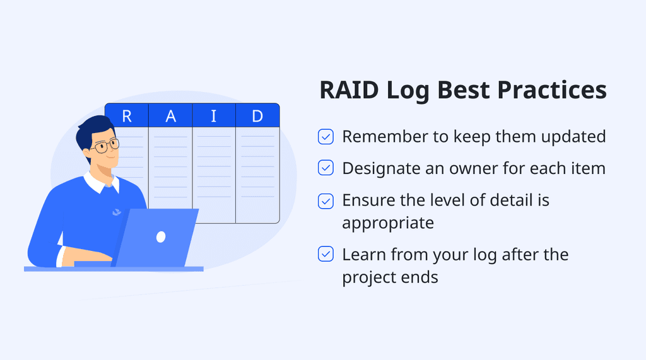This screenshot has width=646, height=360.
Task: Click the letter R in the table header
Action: pyautogui.click(x=127, y=116)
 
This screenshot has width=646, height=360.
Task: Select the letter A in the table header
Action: pyautogui.click(x=170, y=116)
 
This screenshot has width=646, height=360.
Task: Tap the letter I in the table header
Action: pyautogui.click(x=214, y=116)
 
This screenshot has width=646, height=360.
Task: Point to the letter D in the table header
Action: pyautogui.click(x=257, y=116)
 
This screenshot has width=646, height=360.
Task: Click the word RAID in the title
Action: pyautogui.click(x=349, y=90)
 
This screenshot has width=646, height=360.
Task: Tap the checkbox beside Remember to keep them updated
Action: pyautogui.click(x=326, y=137)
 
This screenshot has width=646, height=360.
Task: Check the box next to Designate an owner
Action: pyautogui.click(x=326, y=168)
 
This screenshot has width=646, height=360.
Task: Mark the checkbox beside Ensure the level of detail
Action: pyautogui.click(x=326, y=201)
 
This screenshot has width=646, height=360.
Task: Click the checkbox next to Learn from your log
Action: pyautogui.click(x=326, y=255)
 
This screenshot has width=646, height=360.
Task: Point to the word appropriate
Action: pyautogui.click(x=388, y=223)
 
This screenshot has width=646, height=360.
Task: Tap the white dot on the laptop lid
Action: pyautogui.click(x=161, y=236)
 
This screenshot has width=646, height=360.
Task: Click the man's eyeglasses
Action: pyautogui.click(x=105, y=146)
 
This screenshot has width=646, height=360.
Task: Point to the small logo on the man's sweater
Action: pyautogui.click(x=116, y=212)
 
